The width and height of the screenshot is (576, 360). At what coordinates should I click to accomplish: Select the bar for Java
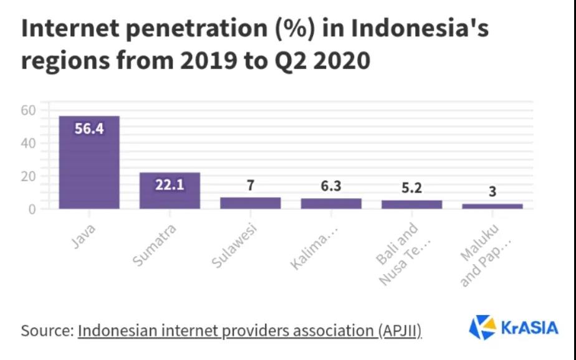(x=89, y=162)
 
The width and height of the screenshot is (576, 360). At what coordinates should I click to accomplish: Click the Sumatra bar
(x=170, y=191)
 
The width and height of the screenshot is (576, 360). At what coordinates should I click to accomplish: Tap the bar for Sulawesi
(x=251, y=203)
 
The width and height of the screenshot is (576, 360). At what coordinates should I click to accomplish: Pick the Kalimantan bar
(x=331, y=204)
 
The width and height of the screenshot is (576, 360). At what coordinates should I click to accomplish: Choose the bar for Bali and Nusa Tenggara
(x=412, y=204)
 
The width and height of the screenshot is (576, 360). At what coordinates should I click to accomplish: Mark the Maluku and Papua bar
(x=492, y=206)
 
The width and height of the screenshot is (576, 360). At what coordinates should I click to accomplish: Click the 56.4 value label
(x=89, y=130)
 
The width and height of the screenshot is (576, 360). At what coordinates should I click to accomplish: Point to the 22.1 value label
(x=170, y=184)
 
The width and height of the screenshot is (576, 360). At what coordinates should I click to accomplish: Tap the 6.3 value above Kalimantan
(x=331, y=186)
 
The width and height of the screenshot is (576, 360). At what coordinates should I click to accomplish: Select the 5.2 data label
(x=412, y=188)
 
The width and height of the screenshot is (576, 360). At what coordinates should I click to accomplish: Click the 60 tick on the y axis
(x=29, y=110)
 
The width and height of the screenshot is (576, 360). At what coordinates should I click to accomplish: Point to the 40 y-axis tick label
(x=29, y=143)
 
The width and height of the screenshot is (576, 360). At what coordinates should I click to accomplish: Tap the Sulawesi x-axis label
(x=234, y=246)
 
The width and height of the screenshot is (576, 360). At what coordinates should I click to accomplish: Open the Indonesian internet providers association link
(x=249, y=330)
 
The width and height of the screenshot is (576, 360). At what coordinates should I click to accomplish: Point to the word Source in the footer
(x=44, y=330)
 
